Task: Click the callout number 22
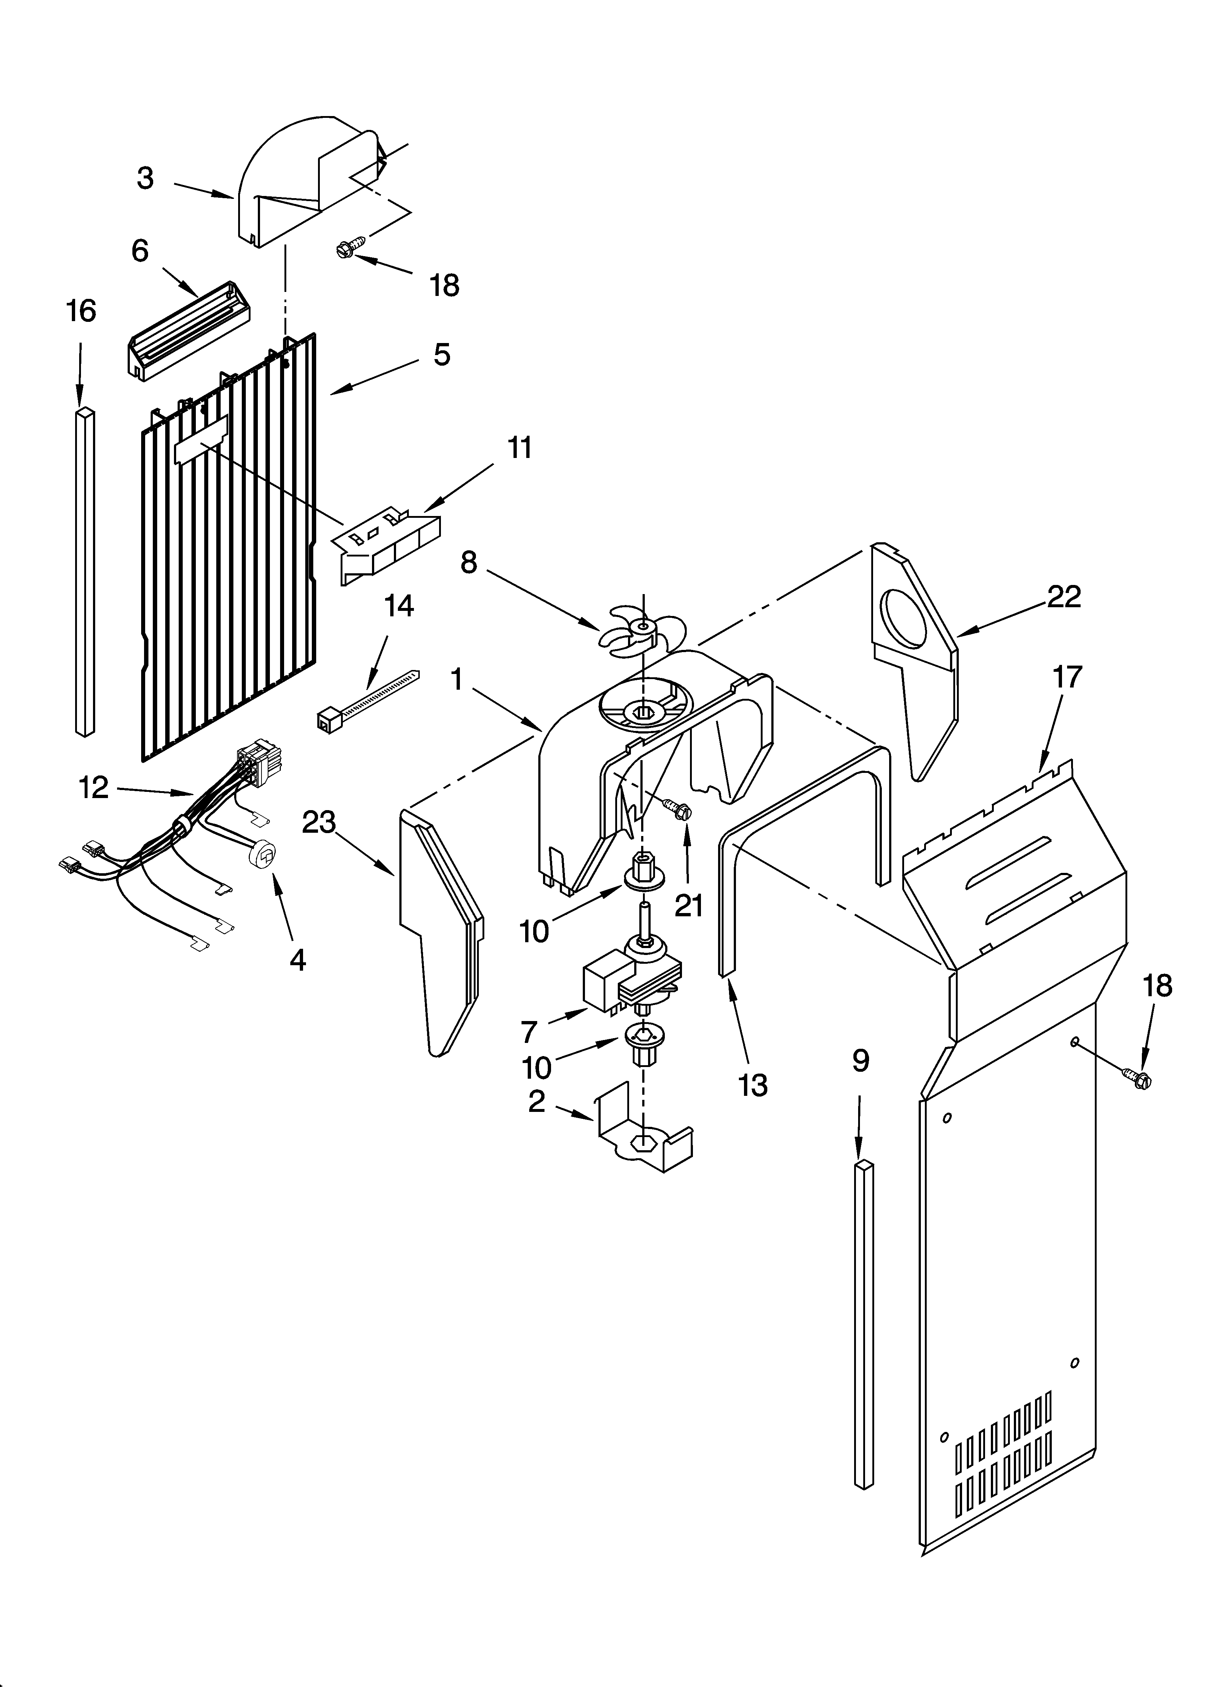point(1063,597)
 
